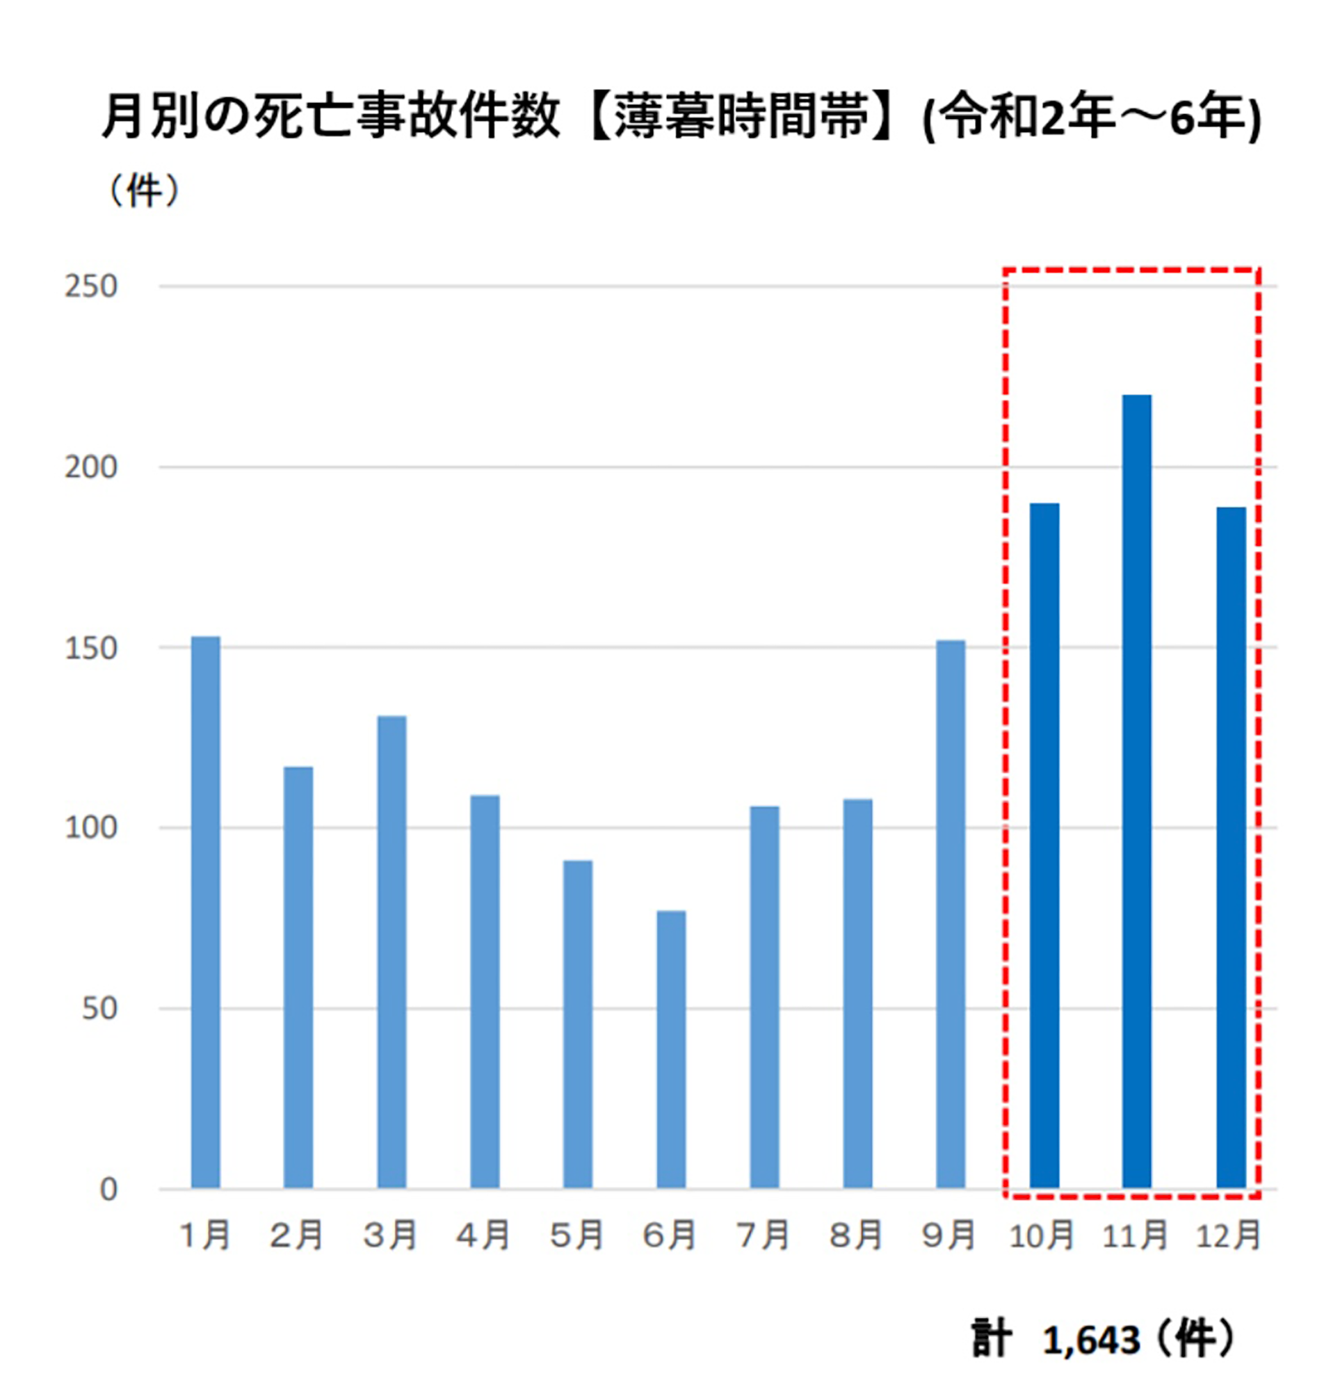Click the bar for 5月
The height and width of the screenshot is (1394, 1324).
[x=577, y=1023]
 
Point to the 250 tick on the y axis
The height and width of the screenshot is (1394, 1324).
[x=91, y=287]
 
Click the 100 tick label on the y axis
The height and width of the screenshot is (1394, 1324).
[x=91, y=827]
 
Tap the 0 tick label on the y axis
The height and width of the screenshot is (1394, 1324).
[x=108, y=1189]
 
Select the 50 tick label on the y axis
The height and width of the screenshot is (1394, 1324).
[x=99, y=1009]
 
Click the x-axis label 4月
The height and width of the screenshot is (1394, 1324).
[x=483, y=1235]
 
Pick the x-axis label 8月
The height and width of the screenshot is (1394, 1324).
[x=856, y=1235]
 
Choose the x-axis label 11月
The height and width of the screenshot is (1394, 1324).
[x=1135, y=1235]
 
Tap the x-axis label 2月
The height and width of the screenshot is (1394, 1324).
[x=297, y=1235]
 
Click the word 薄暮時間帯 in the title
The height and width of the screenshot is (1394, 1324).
[x=741, y=117]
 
